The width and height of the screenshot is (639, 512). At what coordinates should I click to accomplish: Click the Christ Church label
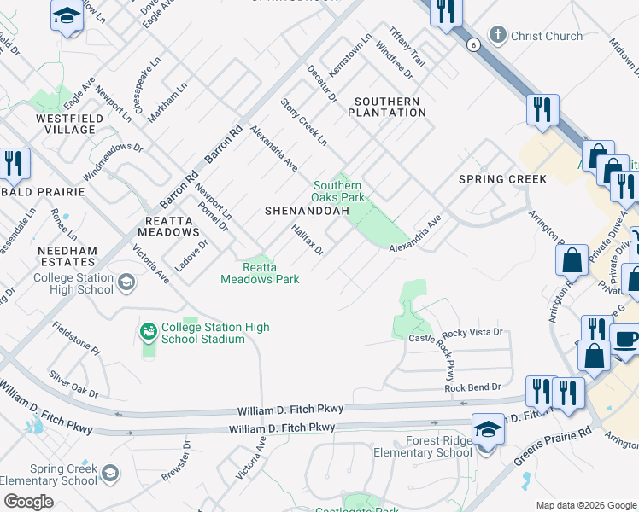[x=546, y=36]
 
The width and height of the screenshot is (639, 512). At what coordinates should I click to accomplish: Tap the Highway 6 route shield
[x=472, y=44]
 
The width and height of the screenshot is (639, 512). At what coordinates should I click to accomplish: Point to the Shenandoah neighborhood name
[x=308, y=210]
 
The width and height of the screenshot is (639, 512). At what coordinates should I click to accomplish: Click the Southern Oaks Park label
[x=338, y=191]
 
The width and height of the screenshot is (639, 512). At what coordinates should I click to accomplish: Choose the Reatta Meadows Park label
[x=260, y=273]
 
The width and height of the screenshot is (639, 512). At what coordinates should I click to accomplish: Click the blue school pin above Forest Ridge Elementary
[x=488, y=428]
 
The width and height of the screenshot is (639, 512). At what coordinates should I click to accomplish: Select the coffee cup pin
[x=625, y=339]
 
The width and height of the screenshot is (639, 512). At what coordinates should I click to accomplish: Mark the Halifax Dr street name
[x=308, y=240]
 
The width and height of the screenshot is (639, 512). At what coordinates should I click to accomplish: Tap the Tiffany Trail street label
[x=407, y=46]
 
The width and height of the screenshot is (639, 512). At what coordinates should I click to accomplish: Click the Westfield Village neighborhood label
[x=65, y=124]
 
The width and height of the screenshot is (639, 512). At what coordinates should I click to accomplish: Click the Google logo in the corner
[x=28, y=501]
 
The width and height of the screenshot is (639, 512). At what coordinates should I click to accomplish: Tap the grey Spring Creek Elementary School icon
[x=109, y=472]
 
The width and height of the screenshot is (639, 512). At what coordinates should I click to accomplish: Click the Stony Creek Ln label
[x=304, y=121]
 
